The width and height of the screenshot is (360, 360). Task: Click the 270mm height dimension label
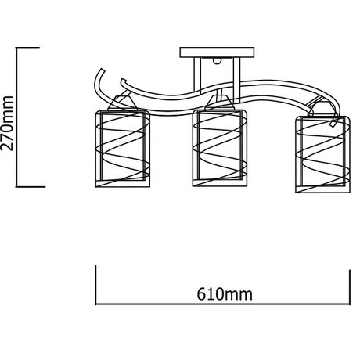pos(7,123)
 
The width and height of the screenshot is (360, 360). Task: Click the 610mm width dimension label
pos(225,294)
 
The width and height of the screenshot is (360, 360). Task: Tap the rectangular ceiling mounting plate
pos(217,52)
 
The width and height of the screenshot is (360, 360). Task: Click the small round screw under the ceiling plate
pos(217,60)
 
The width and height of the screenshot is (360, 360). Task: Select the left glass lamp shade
pos(123,149)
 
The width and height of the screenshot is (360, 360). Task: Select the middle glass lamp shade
pos(220,148)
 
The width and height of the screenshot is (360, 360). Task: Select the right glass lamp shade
pos(322,154)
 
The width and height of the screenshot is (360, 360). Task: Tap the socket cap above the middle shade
pos(219,103)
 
